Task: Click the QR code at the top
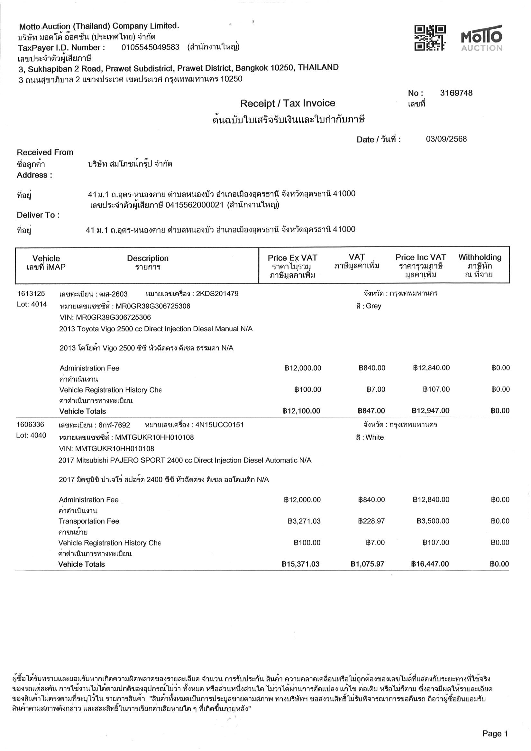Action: (x=430, y=38)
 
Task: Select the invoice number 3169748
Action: (x=456, y=93)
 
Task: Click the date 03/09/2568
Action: (x=446, y=139)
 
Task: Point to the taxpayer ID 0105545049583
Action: (x=150, y=47)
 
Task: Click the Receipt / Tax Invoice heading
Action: (x=288, y=103)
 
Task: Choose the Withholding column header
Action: (x=480, y=257)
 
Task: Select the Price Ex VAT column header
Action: (x=292, y=258)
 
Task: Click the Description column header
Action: (x=148, y=258)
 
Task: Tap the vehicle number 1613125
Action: (x=31, y=293)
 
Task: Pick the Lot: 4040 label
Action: (x=31, y=435)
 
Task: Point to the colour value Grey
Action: (x=373, y=306)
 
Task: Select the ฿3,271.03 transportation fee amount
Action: (x=304, y=521)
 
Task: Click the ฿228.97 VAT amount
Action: (x=371, y=521)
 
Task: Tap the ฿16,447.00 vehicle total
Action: (x=430, y=564)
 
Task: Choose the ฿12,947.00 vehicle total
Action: (x=431, y=411)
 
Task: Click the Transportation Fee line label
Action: (x=89, y=521)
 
